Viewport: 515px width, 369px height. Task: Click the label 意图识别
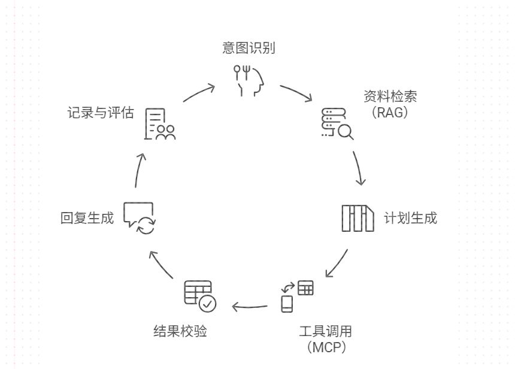coord(249,49)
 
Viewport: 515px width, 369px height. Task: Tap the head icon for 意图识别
coord(249,80)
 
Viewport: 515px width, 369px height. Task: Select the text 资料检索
coord(390,97)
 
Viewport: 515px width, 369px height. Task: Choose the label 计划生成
coord(410,217)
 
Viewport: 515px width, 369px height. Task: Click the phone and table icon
coord(296,295)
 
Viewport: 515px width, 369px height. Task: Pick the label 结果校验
coord(181,331)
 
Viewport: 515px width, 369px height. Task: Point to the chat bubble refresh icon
coord(140,218)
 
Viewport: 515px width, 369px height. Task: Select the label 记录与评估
coord(101,113)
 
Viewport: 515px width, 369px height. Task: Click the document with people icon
coord(160,124)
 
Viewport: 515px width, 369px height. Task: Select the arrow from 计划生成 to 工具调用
coord(337,264)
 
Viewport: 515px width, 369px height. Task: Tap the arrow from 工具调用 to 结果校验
coord(250,308)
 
